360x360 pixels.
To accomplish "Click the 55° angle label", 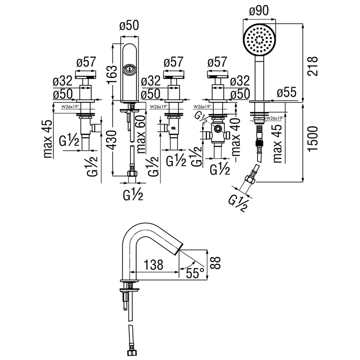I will pyautogui.click(x=195, y=273).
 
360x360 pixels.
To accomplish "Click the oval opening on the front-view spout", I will pyautogui.click(x=129, y=69).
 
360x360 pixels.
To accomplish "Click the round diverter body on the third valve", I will pyautogui.click(x=217, y=129).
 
